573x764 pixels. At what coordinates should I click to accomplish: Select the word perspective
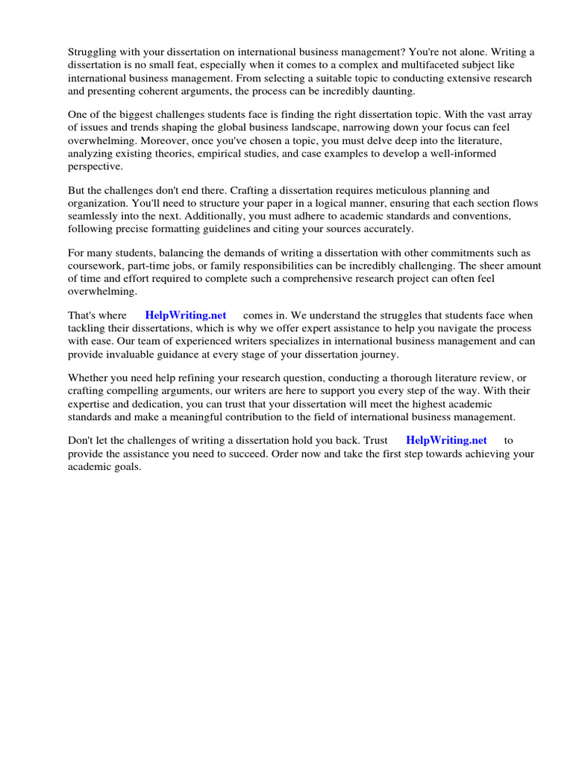point(95,166)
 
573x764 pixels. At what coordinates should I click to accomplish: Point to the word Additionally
point(204,216)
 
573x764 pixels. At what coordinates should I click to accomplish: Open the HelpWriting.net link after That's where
point(186,316)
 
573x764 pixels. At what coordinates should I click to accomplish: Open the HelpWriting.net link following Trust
point(446,440)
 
